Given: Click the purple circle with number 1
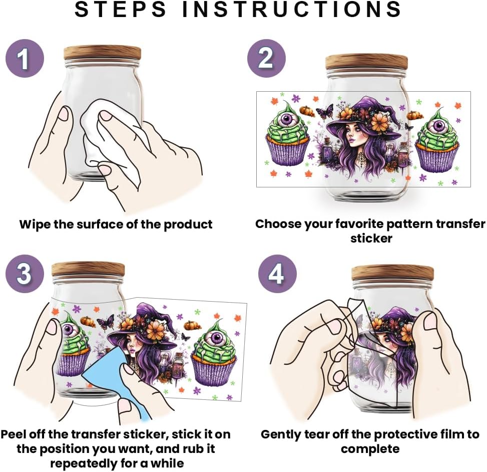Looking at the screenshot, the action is coord(25,58).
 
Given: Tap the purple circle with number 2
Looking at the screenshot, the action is coord(266,58).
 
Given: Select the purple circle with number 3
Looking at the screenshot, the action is coord(25,274).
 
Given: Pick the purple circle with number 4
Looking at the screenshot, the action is coord(277,274).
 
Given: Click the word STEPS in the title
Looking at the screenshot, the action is coord(121,9).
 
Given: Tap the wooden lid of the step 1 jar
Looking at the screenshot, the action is coord(102,53).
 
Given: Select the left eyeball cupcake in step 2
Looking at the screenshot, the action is coord(288,137).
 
